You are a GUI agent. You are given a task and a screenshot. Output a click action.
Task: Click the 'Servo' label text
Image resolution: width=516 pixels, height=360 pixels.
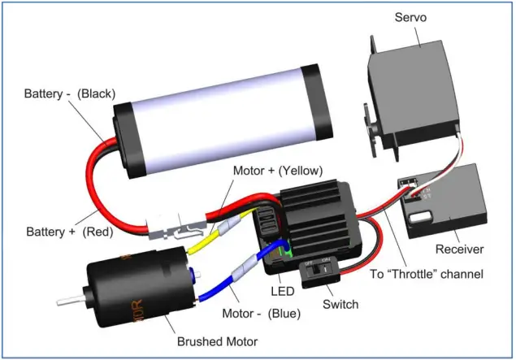point(411,17)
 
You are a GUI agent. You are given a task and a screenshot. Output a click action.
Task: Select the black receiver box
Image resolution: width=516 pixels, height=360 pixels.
point(447,203)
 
